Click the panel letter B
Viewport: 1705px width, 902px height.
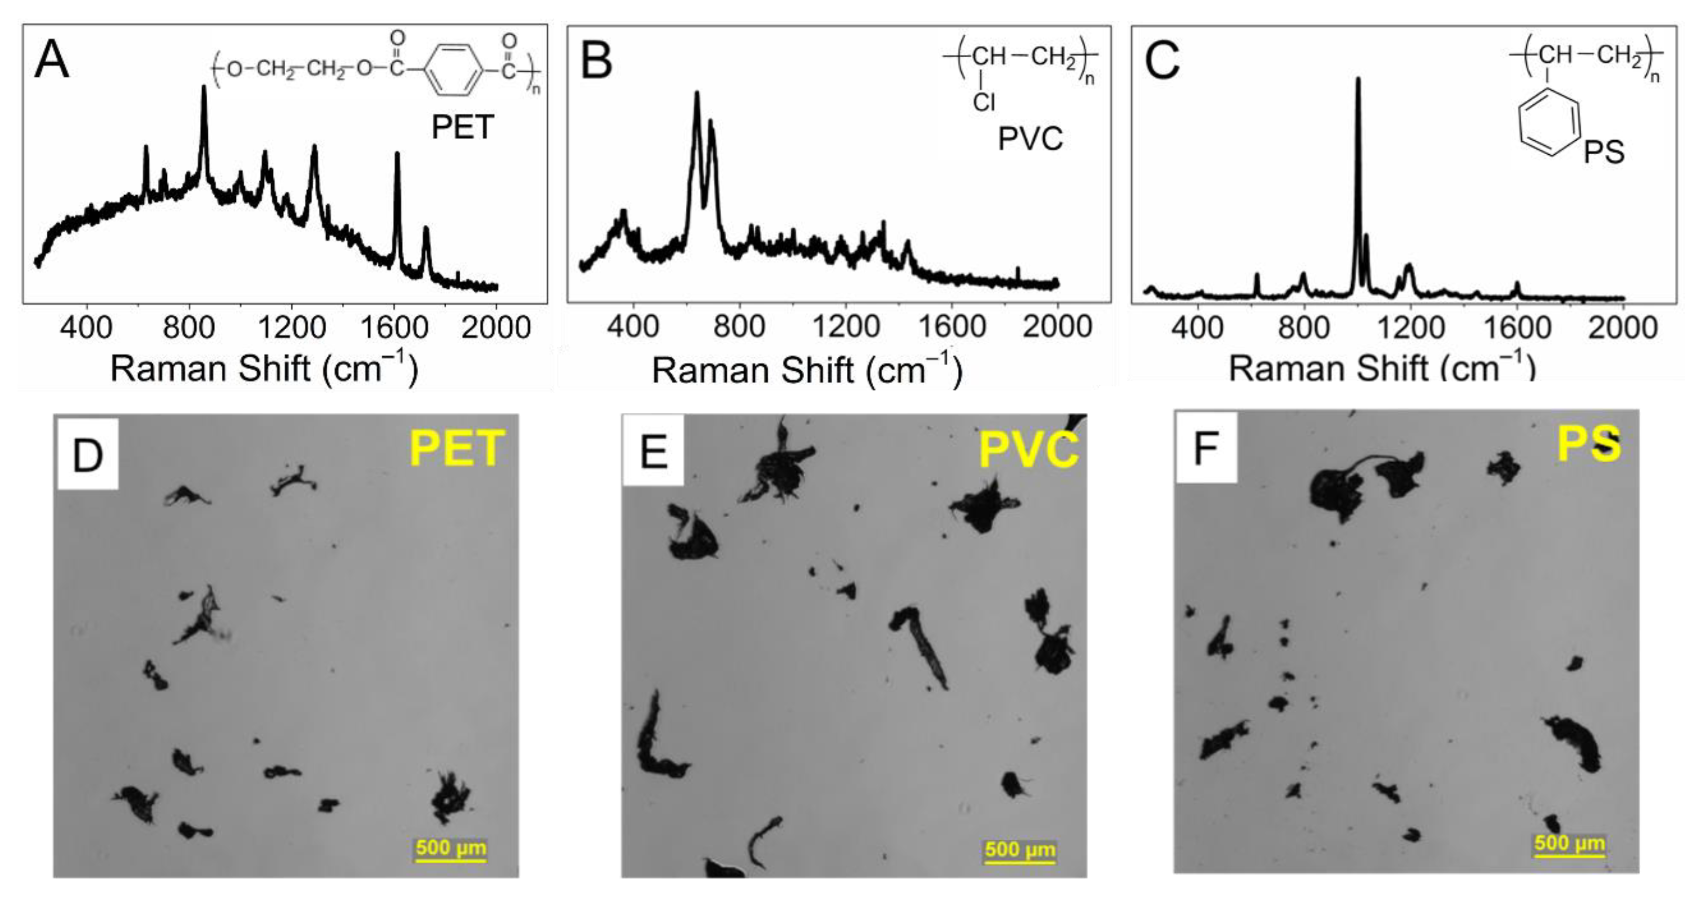[596, 61]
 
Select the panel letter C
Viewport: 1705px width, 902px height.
[1162, 61]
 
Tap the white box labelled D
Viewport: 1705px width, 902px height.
[88, 454]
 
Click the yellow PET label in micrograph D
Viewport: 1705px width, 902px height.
[457, 449]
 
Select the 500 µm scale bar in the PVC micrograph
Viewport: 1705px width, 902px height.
[1020, 852]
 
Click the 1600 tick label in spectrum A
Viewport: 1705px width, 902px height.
[394, 328]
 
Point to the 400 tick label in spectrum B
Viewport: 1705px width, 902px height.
[633, 327]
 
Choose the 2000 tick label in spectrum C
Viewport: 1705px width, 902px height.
[1622, 328]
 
